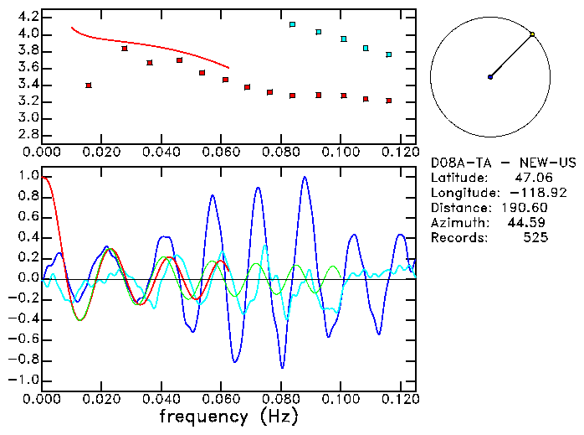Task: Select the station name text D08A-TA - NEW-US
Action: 489,162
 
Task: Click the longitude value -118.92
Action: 524,192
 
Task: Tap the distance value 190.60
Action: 524,207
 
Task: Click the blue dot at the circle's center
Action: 490,77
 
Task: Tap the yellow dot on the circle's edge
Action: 532,34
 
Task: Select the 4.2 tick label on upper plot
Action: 28,17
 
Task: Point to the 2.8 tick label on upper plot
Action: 28,134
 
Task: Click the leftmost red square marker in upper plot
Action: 89,85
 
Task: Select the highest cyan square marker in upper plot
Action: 292,25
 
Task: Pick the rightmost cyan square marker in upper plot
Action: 388,54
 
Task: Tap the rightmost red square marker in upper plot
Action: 388,101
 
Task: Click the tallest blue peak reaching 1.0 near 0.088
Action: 305,177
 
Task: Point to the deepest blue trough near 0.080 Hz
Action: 282,367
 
